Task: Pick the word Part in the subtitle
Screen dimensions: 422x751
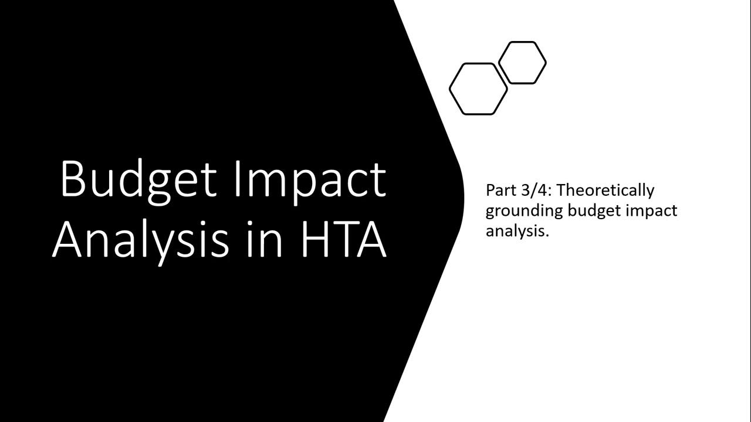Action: coord(500,190)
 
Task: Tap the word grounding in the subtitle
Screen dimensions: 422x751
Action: coord(525,210)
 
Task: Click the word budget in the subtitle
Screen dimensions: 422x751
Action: coord(594,210)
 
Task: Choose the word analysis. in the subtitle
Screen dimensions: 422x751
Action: coord(517,230)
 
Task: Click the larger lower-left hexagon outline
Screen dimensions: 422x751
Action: coord(478,89)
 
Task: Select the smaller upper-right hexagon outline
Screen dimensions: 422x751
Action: coord(522,63)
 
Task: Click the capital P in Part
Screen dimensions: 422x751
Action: coord(490,190)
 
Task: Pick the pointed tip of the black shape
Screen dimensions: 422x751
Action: coord(464,196)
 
